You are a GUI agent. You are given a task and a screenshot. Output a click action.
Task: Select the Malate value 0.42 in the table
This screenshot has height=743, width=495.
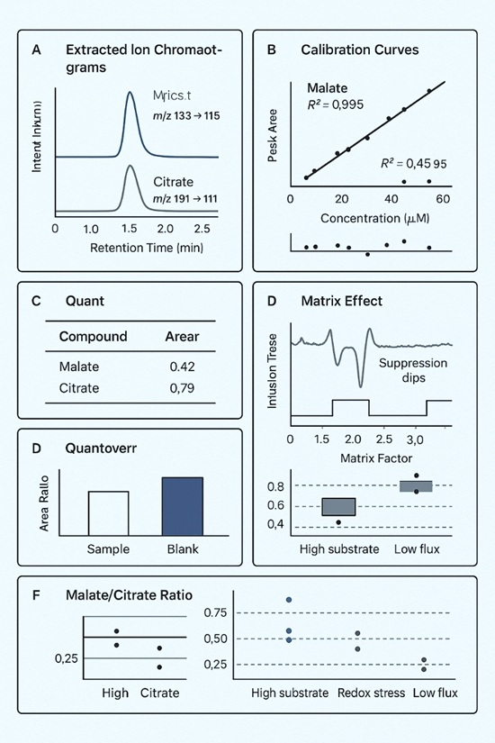(183, 367)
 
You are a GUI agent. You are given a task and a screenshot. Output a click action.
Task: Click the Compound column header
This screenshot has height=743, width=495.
(93, 337)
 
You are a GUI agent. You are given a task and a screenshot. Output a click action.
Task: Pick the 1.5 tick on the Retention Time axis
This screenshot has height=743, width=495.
(130, 229)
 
